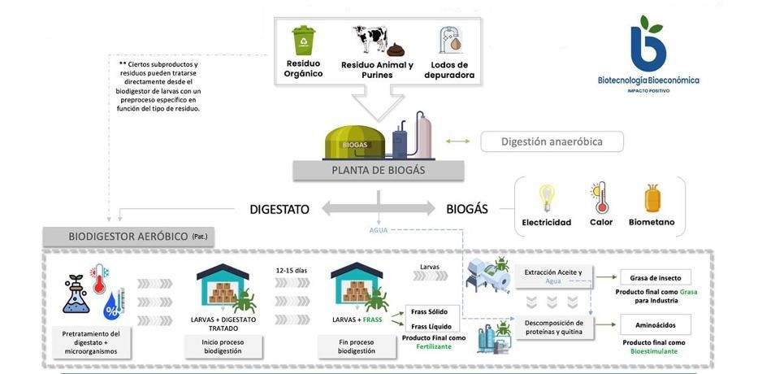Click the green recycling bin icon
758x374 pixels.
click(303, 40)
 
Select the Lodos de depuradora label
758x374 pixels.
click(449, 70)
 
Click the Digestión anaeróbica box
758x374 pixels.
click(552, 141)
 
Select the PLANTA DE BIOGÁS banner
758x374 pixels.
click(378, 171)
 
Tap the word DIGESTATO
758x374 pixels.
click(279, 209)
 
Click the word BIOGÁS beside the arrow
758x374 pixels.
click(466, 209)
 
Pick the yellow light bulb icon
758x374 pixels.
click(547, 198)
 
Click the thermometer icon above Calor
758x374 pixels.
click(600, 198)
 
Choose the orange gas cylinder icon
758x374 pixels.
click(652, 198)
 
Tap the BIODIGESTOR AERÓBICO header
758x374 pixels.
click(128, 237)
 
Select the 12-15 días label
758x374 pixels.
click(292, 270)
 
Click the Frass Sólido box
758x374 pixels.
click(429, 311)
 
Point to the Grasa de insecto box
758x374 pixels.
click(655, 277)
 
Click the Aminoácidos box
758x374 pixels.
click(655, 324)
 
